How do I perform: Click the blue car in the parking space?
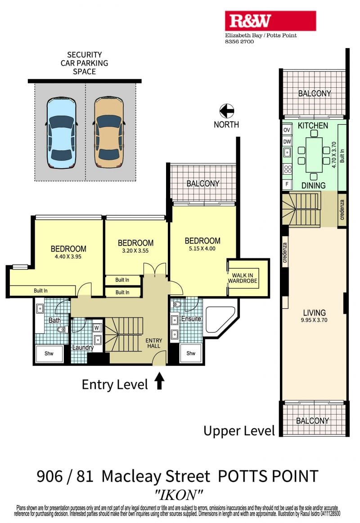[x=61, y=133]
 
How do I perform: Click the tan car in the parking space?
[x=109, y=132]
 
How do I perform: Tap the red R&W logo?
[x=270, y=21]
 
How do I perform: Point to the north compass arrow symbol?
[x=227, y=111]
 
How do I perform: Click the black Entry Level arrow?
[x=159, y=381]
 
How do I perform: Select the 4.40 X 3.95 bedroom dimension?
[x=68, y=257]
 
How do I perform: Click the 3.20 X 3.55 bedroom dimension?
[x=135, y=251]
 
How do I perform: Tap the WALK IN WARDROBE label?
[x=243, y=278]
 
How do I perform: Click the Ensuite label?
[x=191, y=319]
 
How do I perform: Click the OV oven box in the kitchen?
[x=287, y=130]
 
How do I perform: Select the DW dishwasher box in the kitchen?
[x=287, y=141]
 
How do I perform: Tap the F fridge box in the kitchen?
[x=287, y=184]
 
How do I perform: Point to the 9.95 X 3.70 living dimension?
[x=314, y=320]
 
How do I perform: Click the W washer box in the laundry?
[x=97, y=328]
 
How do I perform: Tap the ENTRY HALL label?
[x=153, y=343]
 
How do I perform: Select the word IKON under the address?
[x=179, y=495]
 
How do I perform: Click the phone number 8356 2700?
[x=239, y=42]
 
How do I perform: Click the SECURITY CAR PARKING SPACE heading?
[x=84, y=63]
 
